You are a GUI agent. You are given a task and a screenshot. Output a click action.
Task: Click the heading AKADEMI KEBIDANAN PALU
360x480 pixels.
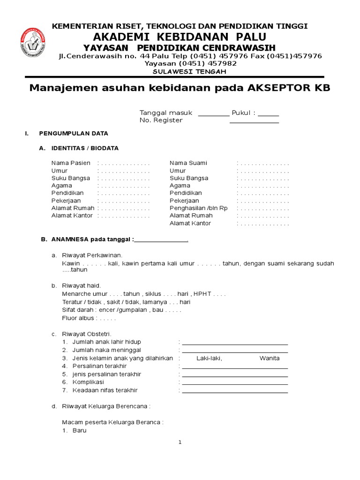point(180,37)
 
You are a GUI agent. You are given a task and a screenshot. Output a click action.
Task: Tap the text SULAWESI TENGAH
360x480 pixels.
point(190,71)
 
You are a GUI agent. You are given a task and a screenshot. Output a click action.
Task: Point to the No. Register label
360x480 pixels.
point(161,120)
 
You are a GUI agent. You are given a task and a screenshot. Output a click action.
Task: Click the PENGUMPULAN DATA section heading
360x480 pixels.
point(74,133)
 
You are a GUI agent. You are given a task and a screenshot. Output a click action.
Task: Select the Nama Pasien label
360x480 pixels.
point(71,163)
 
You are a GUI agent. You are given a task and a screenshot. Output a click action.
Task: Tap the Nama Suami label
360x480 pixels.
point(188,163)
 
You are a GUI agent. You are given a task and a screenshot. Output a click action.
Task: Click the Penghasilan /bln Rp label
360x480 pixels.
point(198,208)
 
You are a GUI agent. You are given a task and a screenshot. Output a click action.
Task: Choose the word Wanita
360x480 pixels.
point(270,358)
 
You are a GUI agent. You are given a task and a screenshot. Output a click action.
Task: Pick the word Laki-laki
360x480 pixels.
point(209,358)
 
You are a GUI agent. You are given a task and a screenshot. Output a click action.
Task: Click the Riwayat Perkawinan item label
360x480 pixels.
point(92,255)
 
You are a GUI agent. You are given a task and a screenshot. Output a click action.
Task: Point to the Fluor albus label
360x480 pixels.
point(78,318)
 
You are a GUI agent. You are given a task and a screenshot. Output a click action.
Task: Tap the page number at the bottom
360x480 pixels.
point(180,442)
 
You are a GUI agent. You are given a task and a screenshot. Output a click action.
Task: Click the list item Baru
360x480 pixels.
point(79,430)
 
